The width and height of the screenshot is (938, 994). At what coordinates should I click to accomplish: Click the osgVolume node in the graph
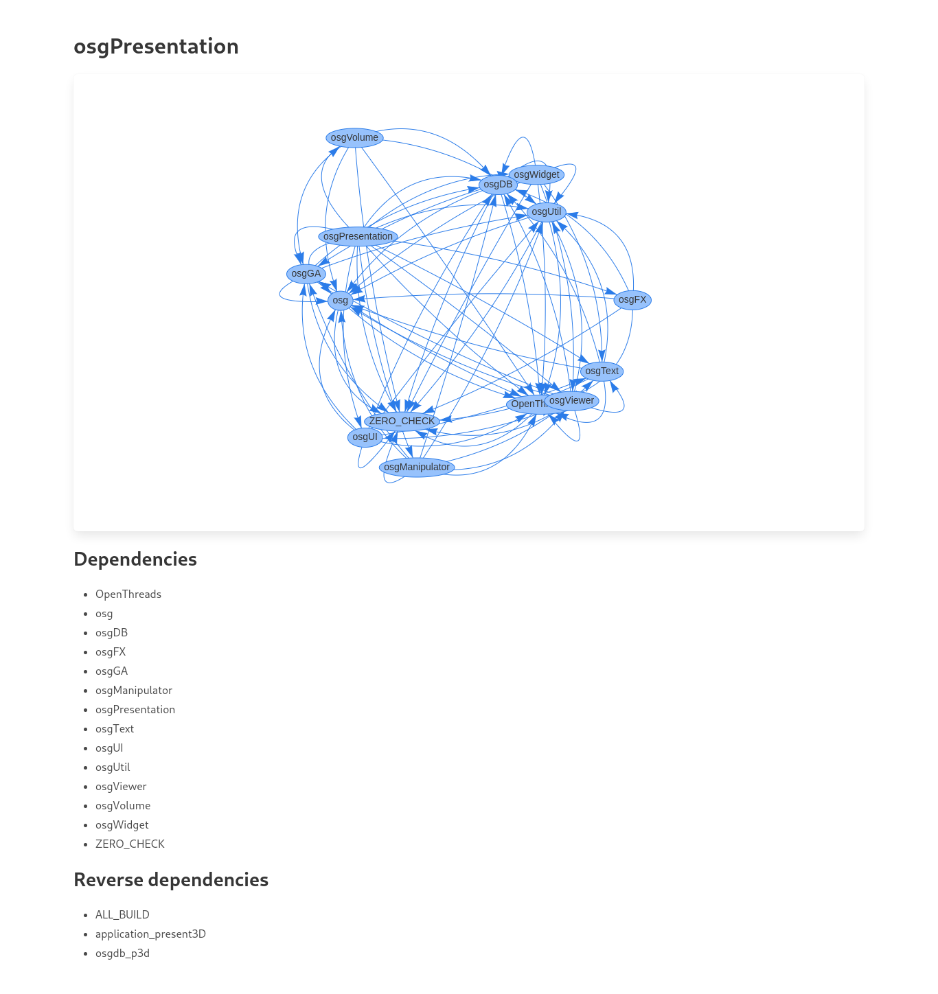354,138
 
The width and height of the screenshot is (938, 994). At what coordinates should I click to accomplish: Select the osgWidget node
536,175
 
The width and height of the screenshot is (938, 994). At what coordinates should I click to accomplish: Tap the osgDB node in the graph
498,185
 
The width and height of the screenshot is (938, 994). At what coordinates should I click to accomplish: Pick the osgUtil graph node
547,212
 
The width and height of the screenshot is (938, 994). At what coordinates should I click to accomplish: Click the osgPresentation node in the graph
358,237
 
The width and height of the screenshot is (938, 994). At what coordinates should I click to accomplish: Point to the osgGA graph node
306,274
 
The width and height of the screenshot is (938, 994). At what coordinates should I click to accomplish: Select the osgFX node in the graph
632,300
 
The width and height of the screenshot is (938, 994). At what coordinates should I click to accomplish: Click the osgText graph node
602,371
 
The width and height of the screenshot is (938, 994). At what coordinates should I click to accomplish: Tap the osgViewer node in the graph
571,401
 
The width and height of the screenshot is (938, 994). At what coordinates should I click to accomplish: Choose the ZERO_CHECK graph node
402,421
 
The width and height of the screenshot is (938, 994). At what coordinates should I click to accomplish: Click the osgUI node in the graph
365,437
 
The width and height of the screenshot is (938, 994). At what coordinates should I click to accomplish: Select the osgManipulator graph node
417,467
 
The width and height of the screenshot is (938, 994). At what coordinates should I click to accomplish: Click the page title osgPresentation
156,47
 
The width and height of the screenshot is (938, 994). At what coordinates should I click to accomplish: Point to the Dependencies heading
135,559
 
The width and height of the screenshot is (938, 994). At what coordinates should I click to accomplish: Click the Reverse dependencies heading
171,880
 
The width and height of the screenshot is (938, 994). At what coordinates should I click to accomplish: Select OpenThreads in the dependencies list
128,594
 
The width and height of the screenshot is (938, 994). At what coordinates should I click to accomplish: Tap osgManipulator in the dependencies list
134,691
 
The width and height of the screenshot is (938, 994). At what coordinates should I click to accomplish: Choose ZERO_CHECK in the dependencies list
130,844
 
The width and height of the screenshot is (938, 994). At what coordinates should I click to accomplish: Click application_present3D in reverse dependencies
150,934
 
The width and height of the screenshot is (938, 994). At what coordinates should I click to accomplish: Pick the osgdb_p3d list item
122,953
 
